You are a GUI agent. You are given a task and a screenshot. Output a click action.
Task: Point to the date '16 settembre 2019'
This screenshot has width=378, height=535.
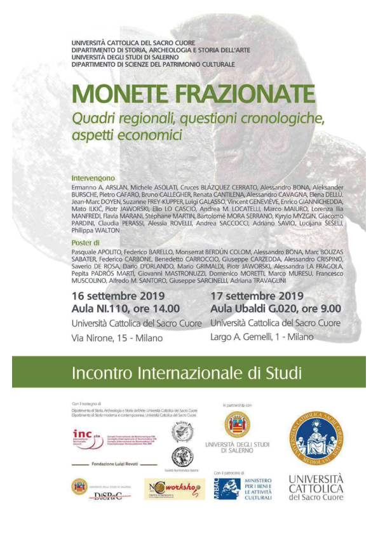coord(119,296)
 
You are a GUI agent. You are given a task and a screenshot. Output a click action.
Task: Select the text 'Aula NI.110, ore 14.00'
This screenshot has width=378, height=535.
coord(126,309)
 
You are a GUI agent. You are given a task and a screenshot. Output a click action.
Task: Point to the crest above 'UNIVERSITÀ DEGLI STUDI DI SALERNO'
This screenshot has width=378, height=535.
coord(238,424)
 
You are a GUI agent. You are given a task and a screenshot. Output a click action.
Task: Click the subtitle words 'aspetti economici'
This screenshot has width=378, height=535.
coord(136,135)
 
